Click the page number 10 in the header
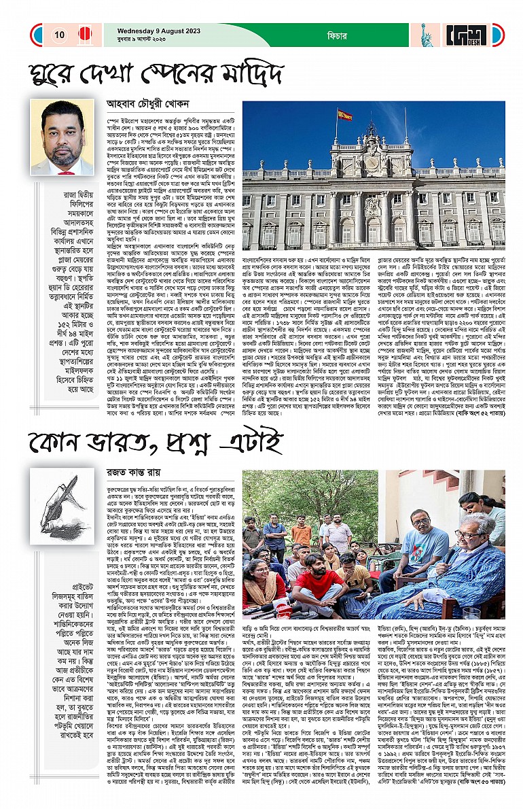click(60, 35)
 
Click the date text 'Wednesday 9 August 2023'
click(145, 30)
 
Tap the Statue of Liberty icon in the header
click(427, 35)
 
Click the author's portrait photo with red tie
click(62, 138)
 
